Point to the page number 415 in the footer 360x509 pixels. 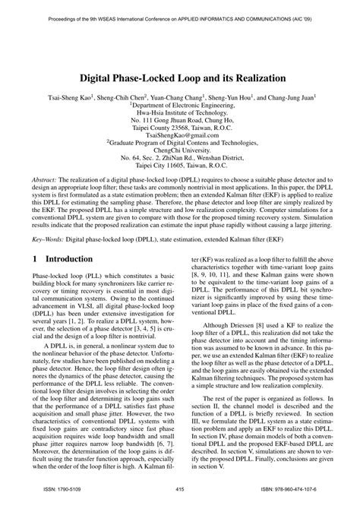click(180, 490)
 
